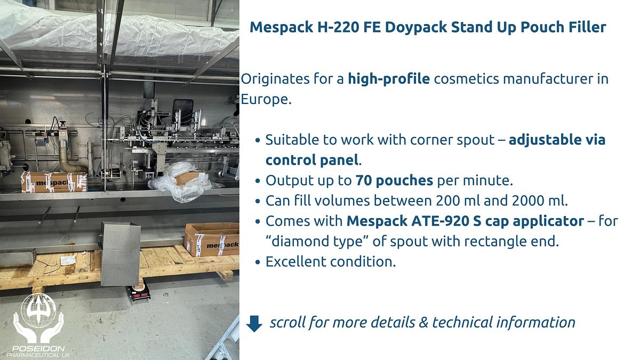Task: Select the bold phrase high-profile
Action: [389, 79]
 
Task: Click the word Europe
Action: [265, 100]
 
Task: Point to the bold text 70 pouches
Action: [394, 180]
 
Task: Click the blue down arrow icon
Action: [255, 323]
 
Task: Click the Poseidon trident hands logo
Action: [38, 320]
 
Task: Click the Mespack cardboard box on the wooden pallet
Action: [211, 239]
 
